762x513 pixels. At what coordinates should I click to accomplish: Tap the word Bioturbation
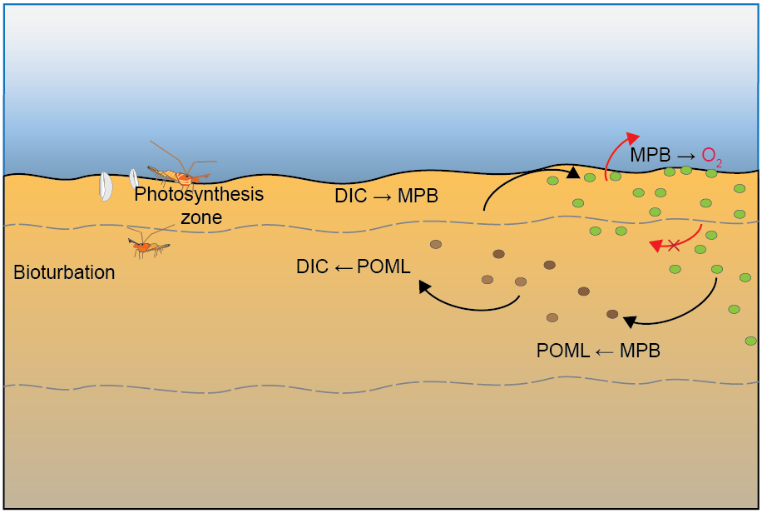[64, 272]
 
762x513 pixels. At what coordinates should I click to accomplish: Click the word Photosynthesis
[199, 195]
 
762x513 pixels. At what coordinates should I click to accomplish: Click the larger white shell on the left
[106, 186]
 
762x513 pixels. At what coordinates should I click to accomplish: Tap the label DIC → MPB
[386, 197]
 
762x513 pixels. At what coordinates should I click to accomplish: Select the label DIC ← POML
[353, 266]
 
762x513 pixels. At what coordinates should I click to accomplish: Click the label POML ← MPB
[598, 351]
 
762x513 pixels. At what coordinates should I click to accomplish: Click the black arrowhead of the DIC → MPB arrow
[572, 172]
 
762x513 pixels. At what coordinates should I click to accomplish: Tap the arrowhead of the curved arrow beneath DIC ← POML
[423, 286]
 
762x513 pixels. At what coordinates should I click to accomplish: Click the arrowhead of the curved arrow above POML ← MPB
[630, 321]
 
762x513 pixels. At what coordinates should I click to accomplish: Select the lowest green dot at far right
[750, 340]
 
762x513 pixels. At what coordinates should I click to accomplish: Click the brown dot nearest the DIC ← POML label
[435, 244]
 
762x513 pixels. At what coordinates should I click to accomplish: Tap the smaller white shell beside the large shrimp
[133, 177]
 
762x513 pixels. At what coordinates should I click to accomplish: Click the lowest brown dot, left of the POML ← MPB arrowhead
[552, 317]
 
